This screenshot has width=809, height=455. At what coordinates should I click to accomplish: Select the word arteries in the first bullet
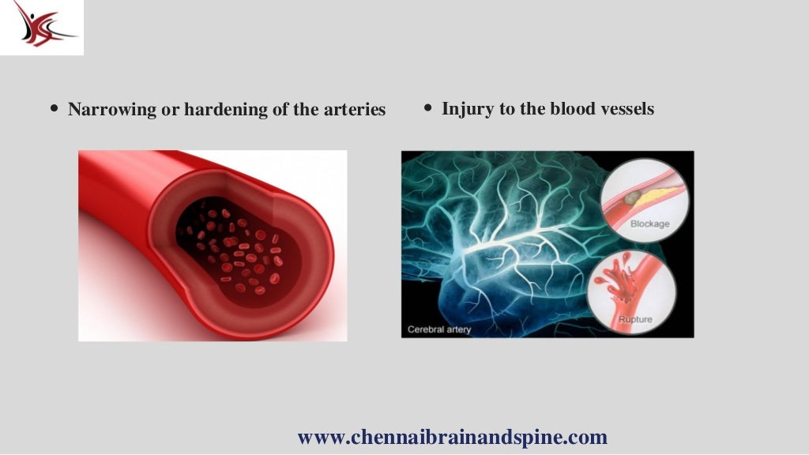353,110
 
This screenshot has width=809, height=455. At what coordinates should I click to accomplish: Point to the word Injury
466,108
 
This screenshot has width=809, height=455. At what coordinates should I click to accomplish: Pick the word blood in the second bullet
568,108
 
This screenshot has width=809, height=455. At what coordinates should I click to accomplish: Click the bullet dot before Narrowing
54,109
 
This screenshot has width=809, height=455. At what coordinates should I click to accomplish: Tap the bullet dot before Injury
427,107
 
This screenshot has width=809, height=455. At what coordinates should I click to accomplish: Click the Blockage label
649,224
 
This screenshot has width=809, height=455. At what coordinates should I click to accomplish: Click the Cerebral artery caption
439,329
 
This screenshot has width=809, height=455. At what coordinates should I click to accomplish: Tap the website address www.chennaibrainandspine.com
452,437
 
